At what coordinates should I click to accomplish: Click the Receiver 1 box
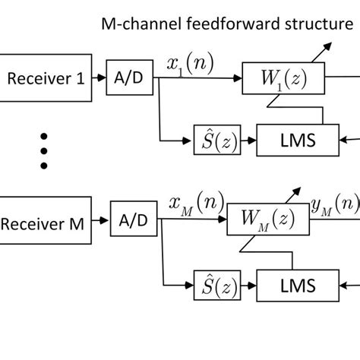(x=44, y=77)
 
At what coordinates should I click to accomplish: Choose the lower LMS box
(x=298, y=285)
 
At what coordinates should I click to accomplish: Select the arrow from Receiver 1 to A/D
(x=98, y=77)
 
